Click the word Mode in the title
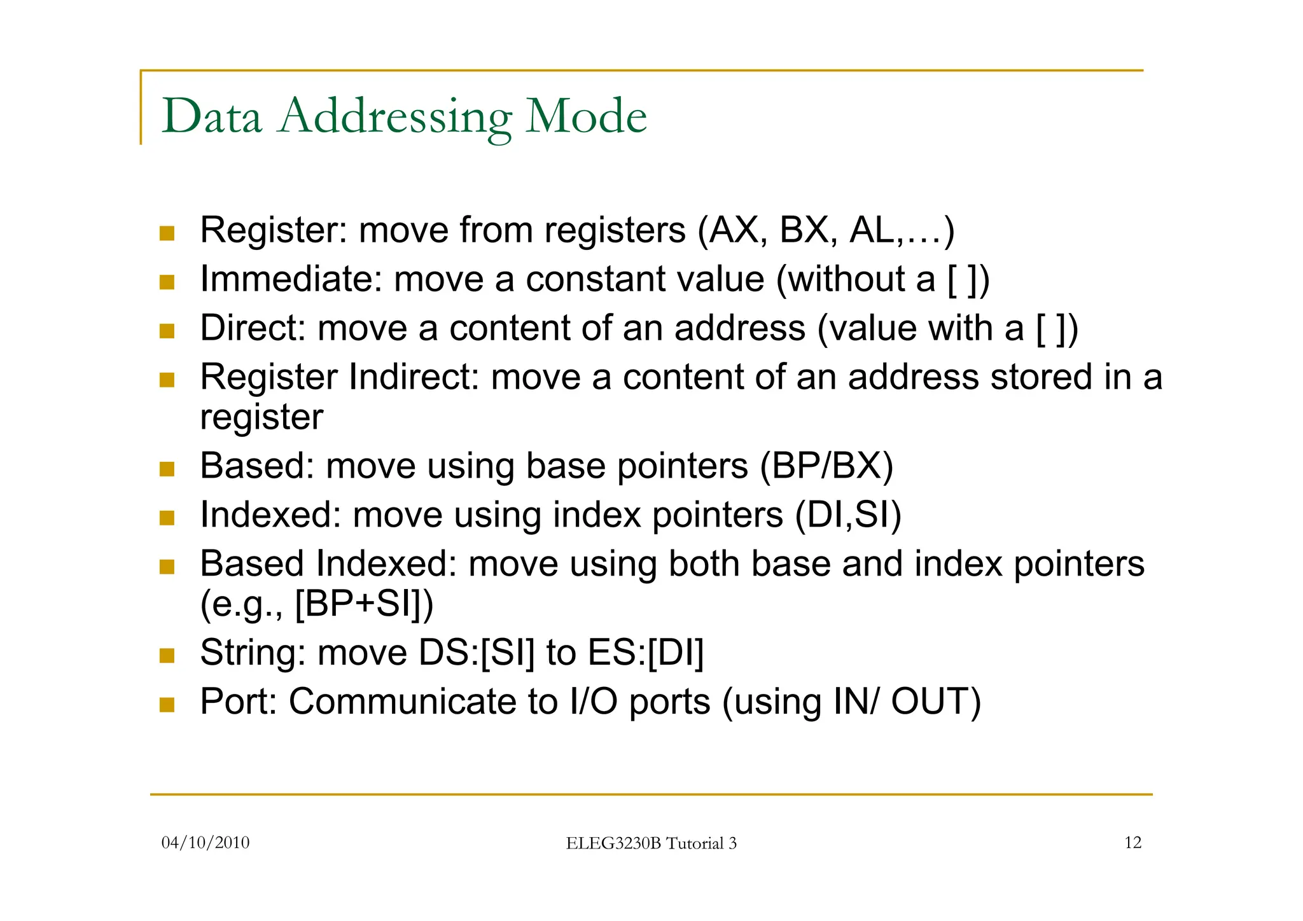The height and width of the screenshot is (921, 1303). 585,117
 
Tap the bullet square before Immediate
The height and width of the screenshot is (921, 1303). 167,282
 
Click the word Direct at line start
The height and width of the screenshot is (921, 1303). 253,328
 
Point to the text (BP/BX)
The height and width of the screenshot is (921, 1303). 826,466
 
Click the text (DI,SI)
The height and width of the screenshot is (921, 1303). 848,515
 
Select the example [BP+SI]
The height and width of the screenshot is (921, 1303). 363,604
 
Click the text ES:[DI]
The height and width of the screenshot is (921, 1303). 645,653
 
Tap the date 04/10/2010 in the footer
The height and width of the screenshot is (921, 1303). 206,843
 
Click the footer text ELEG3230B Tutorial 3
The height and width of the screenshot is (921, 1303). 651,843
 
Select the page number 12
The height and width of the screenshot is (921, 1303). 1132,843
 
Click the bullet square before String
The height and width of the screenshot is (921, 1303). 167,655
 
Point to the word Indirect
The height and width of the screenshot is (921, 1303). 414,377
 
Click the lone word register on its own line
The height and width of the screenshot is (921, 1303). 261,418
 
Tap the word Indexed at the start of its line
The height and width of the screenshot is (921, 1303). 270,515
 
